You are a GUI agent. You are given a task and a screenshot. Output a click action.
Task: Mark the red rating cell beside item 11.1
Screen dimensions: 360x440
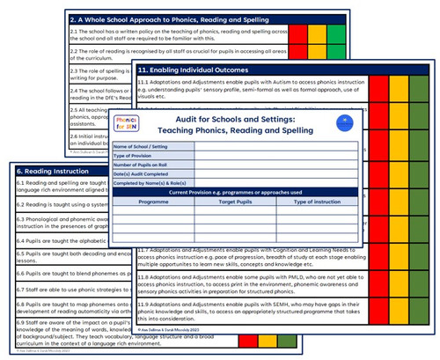coord(374,88)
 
